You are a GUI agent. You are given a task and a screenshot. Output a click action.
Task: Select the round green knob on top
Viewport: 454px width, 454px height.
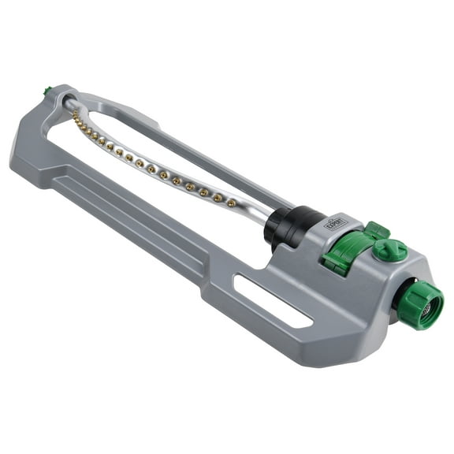[x=389, y=251]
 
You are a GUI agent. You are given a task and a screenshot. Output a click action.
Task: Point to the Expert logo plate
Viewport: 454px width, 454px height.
[x=335, y=225]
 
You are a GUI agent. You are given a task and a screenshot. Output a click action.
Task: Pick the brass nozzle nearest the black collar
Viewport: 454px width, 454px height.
[x=231, y=203]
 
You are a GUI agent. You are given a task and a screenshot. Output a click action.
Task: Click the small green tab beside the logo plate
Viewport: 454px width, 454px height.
[x=376, y=231]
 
